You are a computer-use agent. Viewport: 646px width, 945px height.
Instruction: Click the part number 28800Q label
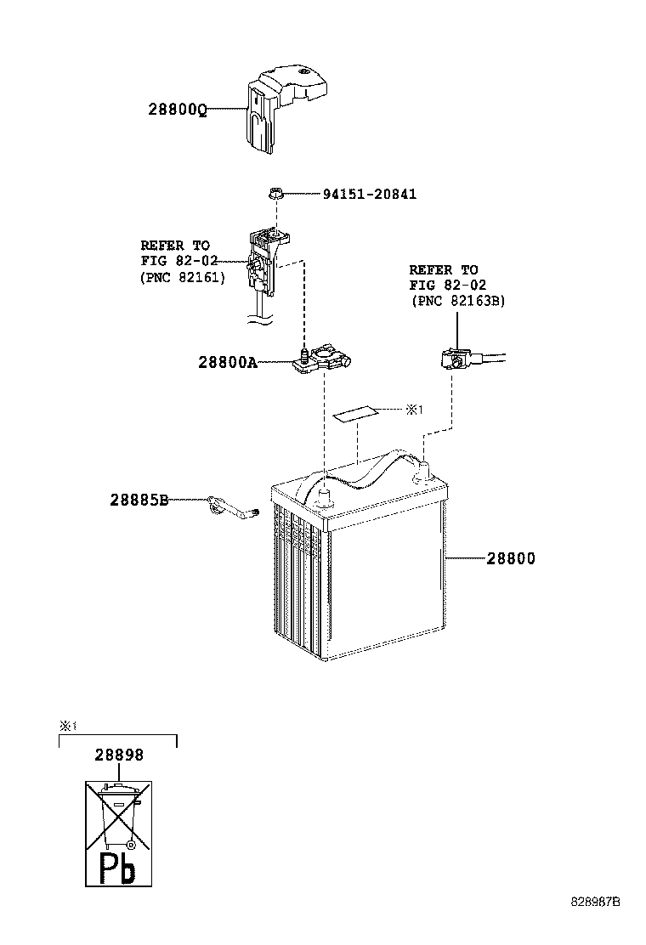[178, 110]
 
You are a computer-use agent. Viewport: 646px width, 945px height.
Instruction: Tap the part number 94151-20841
[370, 195]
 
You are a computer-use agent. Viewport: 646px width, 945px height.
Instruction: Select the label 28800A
[227, 362]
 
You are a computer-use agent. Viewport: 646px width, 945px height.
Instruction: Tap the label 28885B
[138, 501]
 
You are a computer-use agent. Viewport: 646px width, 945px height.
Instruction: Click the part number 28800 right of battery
[511, 558]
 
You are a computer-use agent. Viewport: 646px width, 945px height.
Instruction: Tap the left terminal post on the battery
[323, 496]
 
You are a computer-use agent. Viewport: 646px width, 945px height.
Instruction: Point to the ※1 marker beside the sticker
[413, 410]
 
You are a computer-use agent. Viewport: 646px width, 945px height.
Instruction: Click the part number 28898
[118, 755]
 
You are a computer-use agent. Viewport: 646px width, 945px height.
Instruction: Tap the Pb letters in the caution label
[118, 867]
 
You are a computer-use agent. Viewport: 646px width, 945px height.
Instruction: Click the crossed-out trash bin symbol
[118, 817]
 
